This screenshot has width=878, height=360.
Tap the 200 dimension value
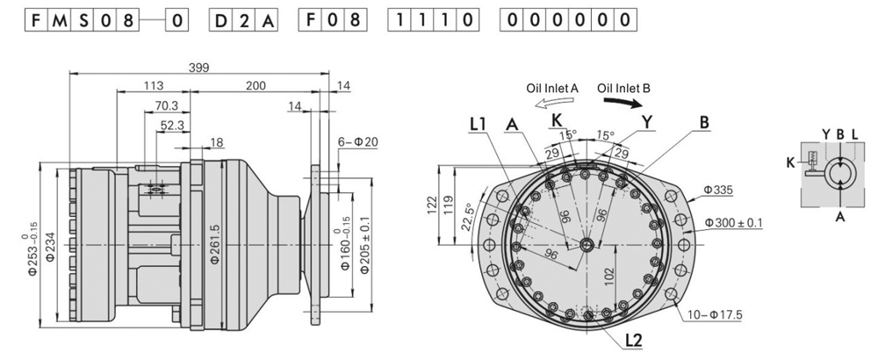coord(255,86)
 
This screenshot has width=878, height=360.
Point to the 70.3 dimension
coord(166,105)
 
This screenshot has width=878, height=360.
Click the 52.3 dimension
coord(173,126)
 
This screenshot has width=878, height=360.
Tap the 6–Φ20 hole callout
coord(357,142)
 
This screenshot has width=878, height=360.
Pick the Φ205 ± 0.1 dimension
coord(364,243)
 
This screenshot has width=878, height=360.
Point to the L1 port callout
coord(479,126)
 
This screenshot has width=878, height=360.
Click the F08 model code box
coord(332,20)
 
